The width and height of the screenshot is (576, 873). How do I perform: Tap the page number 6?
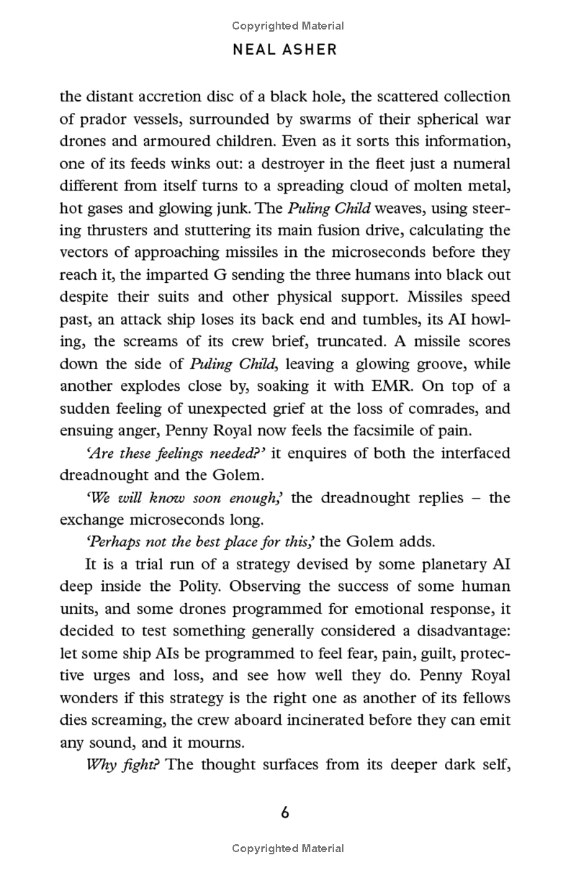pyautogui.click(x=285, y=813)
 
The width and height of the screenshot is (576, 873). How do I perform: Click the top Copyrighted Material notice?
pyautogui.click(x=288, y=26)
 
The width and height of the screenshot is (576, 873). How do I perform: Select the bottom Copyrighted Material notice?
pyautogui.click(x=288, y=849)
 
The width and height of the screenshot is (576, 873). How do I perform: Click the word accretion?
pyautogui.click(x=189, y=97)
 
